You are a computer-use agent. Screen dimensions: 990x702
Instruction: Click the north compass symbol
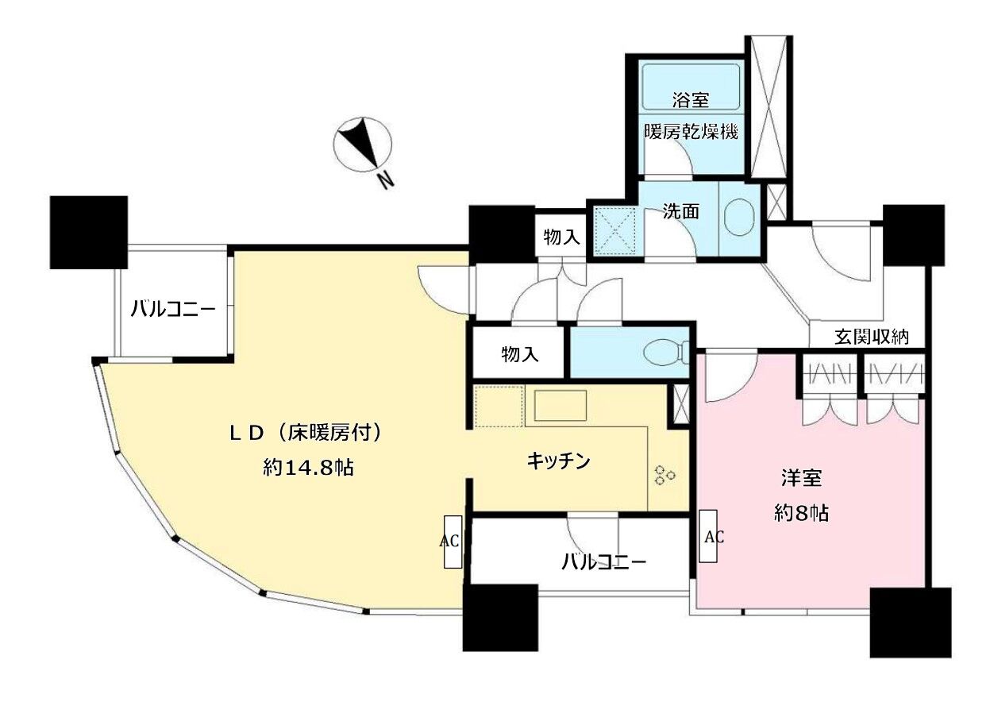click(363, 145)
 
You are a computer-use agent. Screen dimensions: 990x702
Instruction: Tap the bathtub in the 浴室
click(691, 87)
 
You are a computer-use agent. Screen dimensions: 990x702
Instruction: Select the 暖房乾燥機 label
click(691, 132)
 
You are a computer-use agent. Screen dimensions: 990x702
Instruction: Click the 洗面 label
click(680, 211)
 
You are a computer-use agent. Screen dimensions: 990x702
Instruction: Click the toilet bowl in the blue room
click(665, 353)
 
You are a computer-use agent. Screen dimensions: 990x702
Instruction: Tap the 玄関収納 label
click(871, 337)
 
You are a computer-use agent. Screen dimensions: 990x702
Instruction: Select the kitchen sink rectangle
click(560, 405)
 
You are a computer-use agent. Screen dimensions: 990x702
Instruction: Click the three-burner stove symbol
click(664, 475)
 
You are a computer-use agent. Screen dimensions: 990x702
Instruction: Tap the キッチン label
click(559, 461)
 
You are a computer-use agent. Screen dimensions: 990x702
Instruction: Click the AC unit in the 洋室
click(708, 536)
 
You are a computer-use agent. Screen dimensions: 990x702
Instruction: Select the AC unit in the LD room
click(453, 542)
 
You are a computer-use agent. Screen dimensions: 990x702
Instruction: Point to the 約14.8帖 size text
click(308, 467)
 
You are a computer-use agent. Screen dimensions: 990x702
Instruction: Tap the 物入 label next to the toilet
click(520, 354)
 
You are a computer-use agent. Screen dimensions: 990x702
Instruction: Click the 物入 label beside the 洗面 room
click(561, 237)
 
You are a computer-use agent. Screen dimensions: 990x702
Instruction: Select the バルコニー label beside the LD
click(173, 309)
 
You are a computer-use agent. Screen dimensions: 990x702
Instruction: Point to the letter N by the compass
click(385, 180)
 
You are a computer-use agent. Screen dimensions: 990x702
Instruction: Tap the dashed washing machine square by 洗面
click(614, 232)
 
